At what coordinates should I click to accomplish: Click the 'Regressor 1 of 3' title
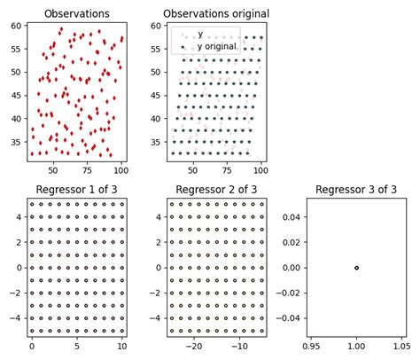pos(77,189)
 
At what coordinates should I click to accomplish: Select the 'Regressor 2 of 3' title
pos(216,189)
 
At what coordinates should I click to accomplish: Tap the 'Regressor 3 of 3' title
pos(355,189)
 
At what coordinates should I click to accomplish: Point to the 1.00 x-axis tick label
pos(356,346)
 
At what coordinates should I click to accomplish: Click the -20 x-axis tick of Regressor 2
pos(193,346)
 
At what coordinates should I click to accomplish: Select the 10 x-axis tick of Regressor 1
pos(122,346)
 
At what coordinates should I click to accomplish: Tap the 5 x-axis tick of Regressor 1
pos(77,346)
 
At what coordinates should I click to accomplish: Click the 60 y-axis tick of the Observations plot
pos(16,26)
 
